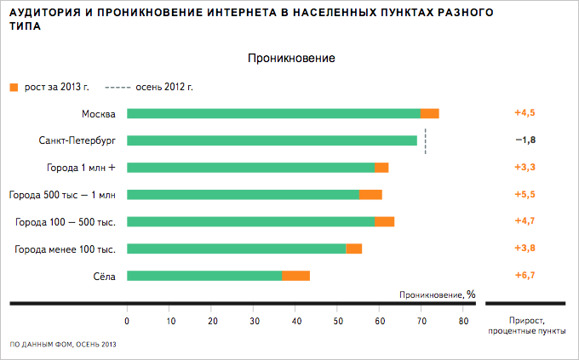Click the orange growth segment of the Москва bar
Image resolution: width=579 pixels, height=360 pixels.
[x=430, y=113]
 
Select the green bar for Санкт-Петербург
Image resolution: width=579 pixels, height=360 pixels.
[x=272, y=140]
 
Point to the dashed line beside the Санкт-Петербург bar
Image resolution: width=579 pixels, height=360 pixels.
[x=425, y=141]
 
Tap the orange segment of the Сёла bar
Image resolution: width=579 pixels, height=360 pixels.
[x=296, y=276]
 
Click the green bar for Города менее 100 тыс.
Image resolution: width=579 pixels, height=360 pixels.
[x=236, y=249]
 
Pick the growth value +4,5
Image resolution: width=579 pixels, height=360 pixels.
[x=525, y=113]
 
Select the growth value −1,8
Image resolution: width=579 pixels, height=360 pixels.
[x=525, y=140]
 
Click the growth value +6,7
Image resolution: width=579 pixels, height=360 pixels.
[x=525, y=276]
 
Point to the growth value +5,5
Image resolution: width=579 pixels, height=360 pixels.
[x=525, y=194]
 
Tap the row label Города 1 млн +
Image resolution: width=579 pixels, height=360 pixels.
[x=81, y=168]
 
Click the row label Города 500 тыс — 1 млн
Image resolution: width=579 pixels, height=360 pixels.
[x=61, y=195]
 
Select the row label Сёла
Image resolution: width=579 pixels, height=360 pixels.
[x=103, y=276]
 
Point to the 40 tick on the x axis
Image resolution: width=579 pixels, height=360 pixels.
[x=295, y=321]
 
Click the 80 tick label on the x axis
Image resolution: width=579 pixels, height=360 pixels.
[x=464, y=321]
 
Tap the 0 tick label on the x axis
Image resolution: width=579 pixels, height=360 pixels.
[x=127, y=321]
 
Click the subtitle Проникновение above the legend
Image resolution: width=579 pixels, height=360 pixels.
[x=289, y=59]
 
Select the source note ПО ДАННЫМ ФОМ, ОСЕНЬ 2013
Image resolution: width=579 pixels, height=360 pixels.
[x=62, y=344]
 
